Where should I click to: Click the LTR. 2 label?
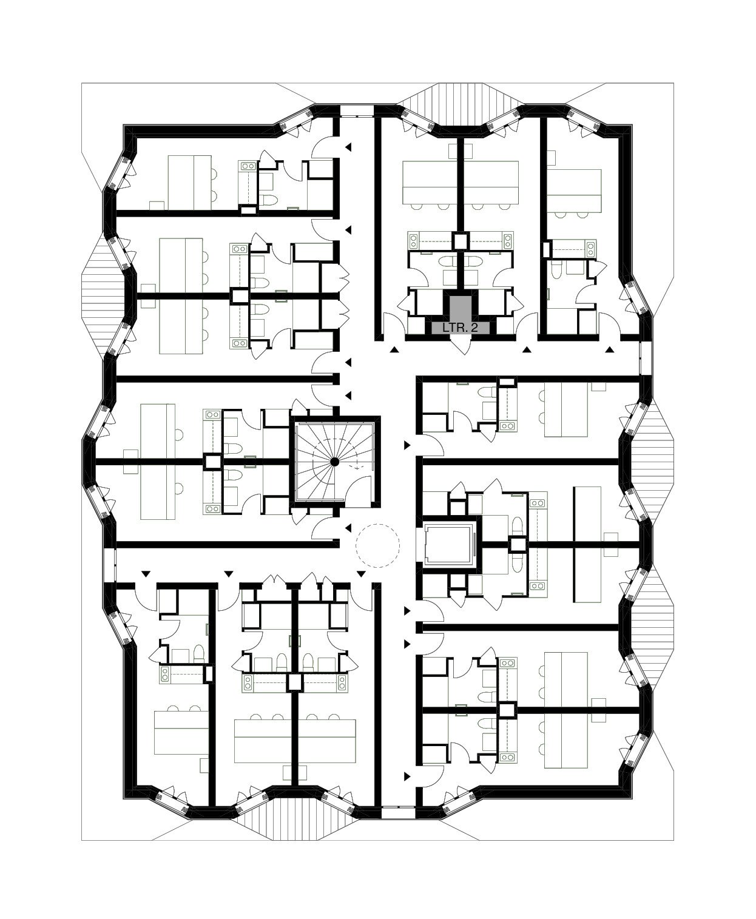tap(460, 328)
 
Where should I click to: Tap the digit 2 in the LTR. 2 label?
tap(475, 328)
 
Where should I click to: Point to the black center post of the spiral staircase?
tap(334, 462)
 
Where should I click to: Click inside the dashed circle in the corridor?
tap(377, 545)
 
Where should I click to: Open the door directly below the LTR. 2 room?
tap(461, 346)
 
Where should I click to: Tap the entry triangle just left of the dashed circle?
tap(348, 528)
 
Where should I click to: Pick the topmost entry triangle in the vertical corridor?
tap(348, 147)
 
